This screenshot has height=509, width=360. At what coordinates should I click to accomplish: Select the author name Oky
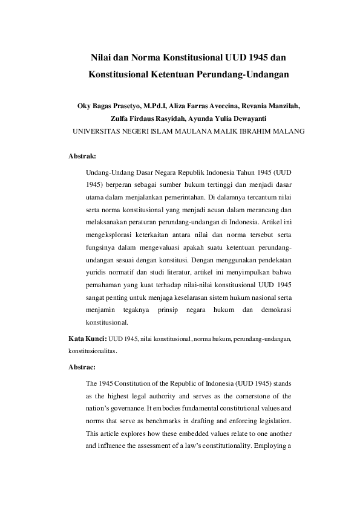click(x=86, y=105)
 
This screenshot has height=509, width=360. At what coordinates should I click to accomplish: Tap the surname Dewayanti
click(x=246, y=118)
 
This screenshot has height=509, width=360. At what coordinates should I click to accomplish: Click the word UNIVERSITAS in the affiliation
click(x=99, y=131)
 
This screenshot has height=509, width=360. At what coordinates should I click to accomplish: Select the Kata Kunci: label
click(x=88, y=339)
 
